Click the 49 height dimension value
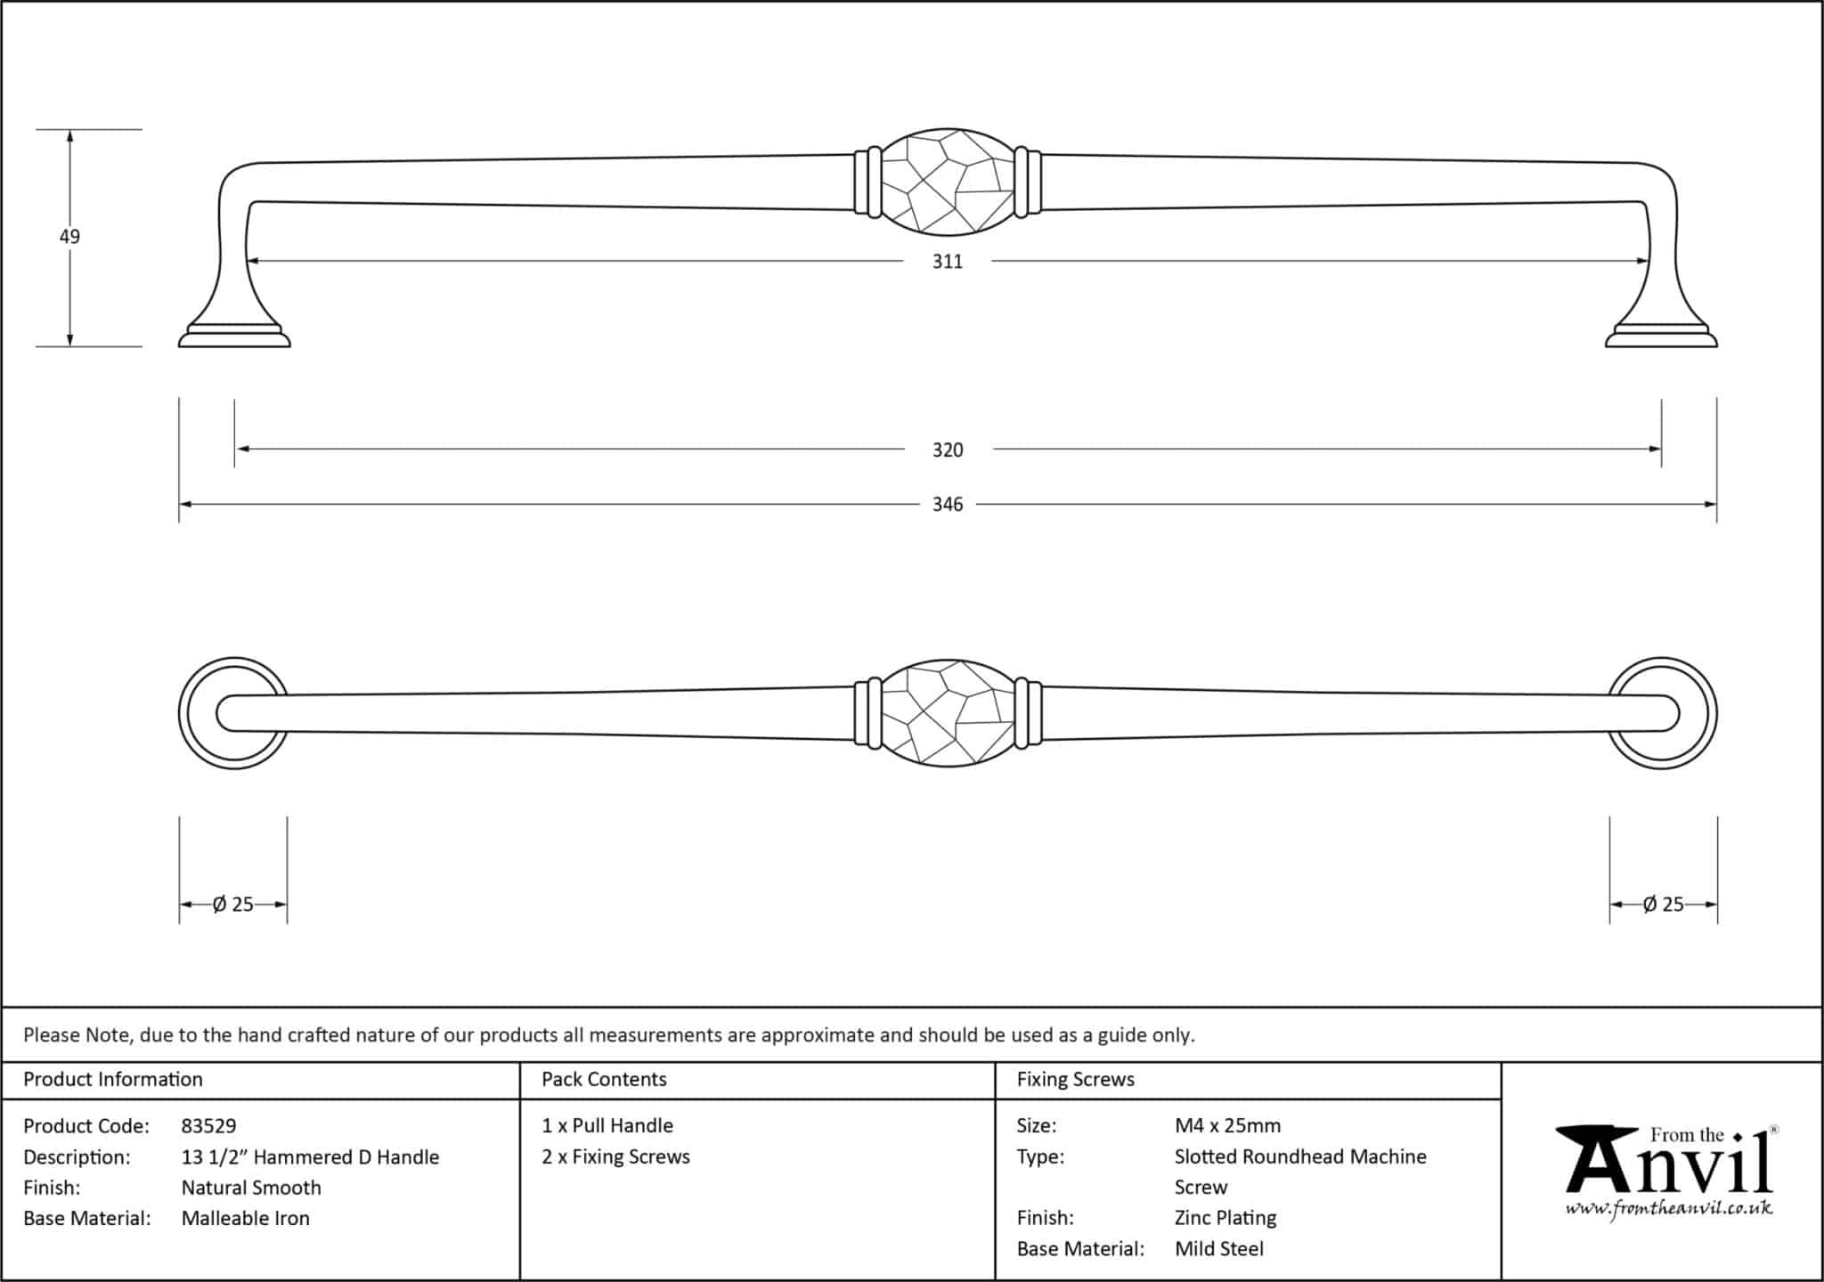(x=69, y=237)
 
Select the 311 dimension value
(x=948, y=262)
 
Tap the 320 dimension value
(x=948, y=450)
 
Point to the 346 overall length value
(x=948, y=505)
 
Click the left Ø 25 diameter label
(x=233, y=905)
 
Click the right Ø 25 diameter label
(x=1663, y=905)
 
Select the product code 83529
(x=208, y=1126)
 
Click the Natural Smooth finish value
(x=251, y=1188)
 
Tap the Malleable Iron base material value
(x=246, y=1219)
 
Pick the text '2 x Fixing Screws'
(x=615, y=1156)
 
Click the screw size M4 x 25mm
(x=1227, y=1125)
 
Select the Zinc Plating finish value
(x=1225, y=1218)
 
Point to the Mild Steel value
(x=1218, y=1249)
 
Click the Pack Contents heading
(x=604, y=1079)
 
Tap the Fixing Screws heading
(x=1075, y=1079)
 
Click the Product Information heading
(x=113, y=1079)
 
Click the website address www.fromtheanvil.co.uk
(x=1668, y=1208)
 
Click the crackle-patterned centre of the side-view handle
(x=948, y=183)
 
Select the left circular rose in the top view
(x=233, y=713)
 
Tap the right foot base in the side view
(x=1661, y=337)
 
